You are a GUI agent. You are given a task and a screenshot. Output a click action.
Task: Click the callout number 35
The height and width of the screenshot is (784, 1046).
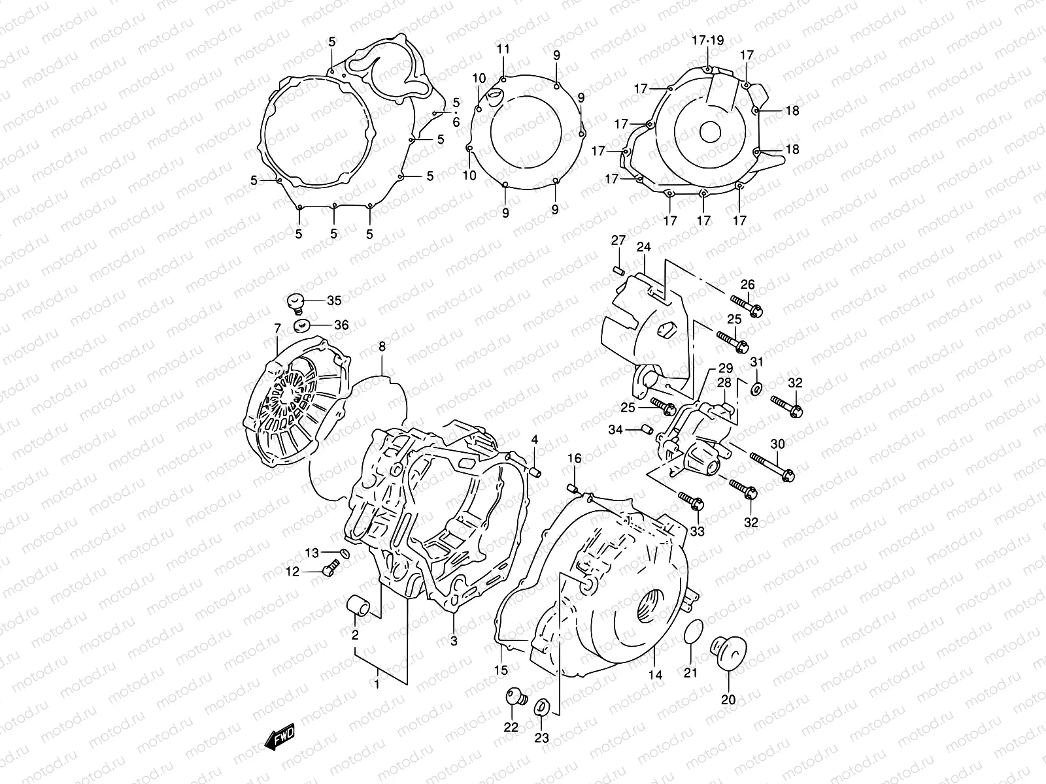[x=334, y=301]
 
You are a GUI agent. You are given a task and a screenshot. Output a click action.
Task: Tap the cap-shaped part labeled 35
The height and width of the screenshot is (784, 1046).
[x=295, y=302]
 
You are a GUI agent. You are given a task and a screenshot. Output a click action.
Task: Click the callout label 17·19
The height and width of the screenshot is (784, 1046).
[x=708, y=41]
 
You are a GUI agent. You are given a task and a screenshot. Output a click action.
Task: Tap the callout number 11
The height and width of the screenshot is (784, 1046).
[x=502, y=50]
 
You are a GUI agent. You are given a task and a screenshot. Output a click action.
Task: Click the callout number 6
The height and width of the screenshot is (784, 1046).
[x=456, y=122]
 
